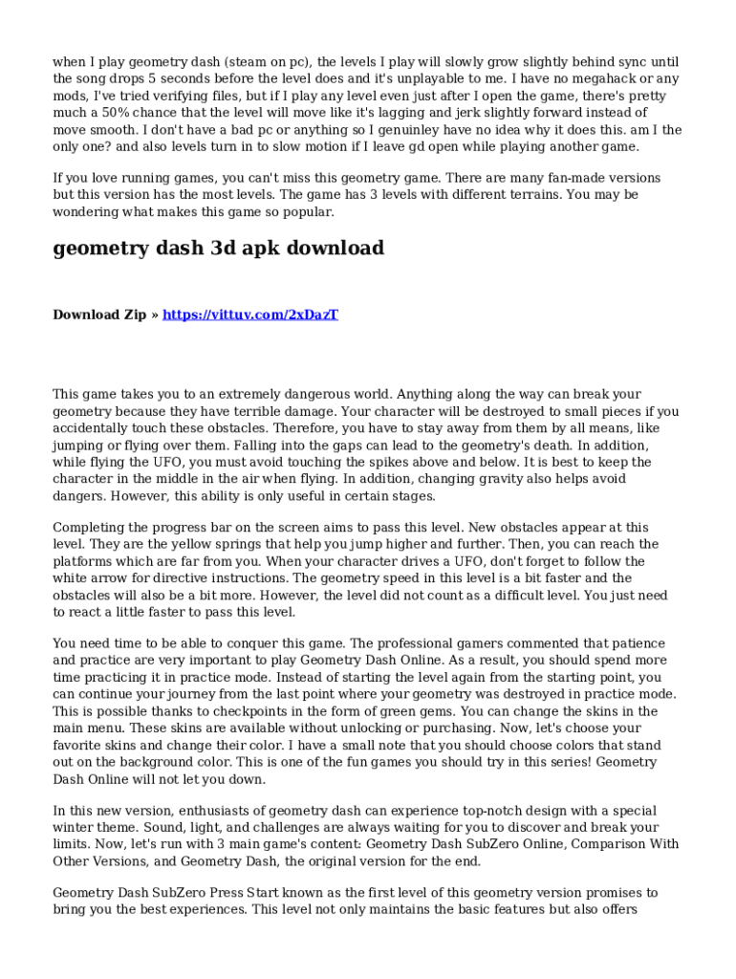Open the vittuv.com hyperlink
click(250, 315)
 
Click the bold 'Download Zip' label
click(99, 315)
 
